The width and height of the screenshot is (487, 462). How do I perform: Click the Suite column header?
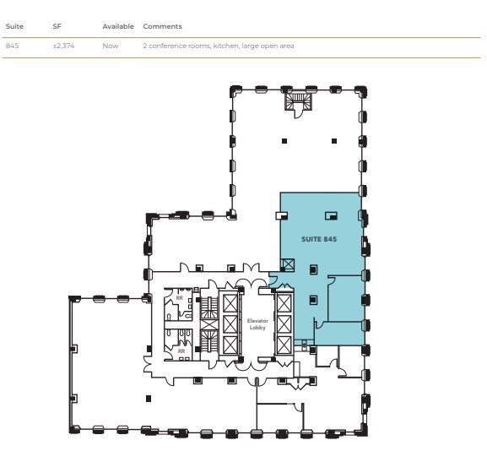coord(14,27)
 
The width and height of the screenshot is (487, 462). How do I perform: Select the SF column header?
coord(57,27)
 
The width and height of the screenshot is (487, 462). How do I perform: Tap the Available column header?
coord(118,27)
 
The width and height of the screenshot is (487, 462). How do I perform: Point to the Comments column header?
coord(162,27)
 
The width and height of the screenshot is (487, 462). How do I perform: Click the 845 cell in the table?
coord(12,45)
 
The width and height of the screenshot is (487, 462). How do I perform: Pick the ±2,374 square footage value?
coord(62,45)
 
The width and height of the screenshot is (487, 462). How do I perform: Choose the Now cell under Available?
coord(111,45)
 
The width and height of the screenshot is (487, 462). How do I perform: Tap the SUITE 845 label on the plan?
coord(319,239)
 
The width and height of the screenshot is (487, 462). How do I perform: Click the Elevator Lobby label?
coord(257,323)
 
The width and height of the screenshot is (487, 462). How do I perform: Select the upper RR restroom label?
coord(179,298)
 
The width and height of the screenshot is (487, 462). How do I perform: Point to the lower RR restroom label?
coord(179,350)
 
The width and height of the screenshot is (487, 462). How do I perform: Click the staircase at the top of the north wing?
coord(298,101)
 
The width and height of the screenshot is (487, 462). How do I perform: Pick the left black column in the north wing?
coord(284,140)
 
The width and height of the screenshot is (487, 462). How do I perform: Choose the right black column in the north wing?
coord(334,140)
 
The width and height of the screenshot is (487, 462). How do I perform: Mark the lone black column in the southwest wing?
coord(149,398)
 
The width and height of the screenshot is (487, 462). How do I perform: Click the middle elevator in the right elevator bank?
coord(284,322)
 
